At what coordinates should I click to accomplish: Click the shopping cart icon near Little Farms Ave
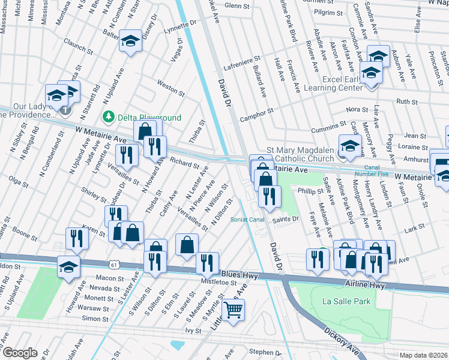pos(233,310)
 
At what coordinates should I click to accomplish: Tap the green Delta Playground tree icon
pos(109,117)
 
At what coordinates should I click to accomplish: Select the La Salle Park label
pos(346,301)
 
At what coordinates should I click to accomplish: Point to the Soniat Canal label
pos(247,220)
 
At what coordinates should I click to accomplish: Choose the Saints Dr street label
pos(286,220)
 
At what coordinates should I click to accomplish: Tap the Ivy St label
pos(193,331)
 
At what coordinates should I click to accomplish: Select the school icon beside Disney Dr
pos(130,41)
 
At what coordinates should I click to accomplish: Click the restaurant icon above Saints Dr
pos(270,196)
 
